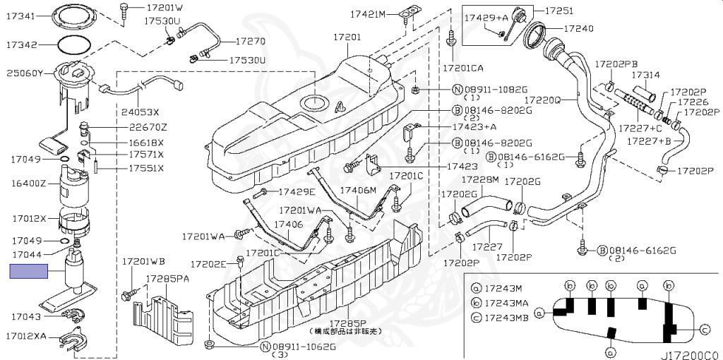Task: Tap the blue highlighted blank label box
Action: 28,271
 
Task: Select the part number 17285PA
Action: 167,279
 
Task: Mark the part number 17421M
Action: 369,13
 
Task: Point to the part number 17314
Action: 645,75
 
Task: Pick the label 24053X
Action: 140,111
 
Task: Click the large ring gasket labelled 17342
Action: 73,44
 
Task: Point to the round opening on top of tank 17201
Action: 315,103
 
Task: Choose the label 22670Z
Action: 148,127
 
